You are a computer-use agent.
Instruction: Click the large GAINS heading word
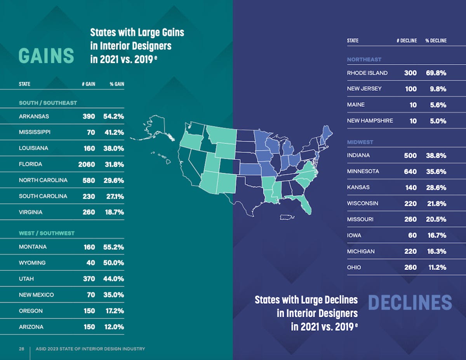(x=46, y=55)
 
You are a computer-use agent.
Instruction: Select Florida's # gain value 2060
(x=86, y=164)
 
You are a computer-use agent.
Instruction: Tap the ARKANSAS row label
(x=34, y=116)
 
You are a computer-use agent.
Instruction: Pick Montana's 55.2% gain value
(x=113, y=247)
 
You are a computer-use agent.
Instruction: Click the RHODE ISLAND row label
(x=367, y=73)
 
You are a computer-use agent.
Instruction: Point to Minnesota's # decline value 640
(x=410, y=171)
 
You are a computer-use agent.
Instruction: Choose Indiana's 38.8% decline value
(x=436, y=156)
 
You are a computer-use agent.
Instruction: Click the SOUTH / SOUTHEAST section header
(x=48, y=103)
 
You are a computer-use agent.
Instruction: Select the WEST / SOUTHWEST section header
(x=47, y=234)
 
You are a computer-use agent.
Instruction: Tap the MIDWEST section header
(x=360, y=142)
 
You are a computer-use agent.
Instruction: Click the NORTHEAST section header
(x=364, y=60)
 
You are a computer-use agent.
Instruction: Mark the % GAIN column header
(x=116, y=84)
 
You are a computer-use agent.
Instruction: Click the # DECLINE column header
(x=407, y=41)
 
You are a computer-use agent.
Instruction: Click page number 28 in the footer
(x=21, y=349)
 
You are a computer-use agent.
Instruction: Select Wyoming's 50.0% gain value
(x=113, y=263)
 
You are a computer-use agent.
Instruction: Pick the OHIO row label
(x=354, y=267)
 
